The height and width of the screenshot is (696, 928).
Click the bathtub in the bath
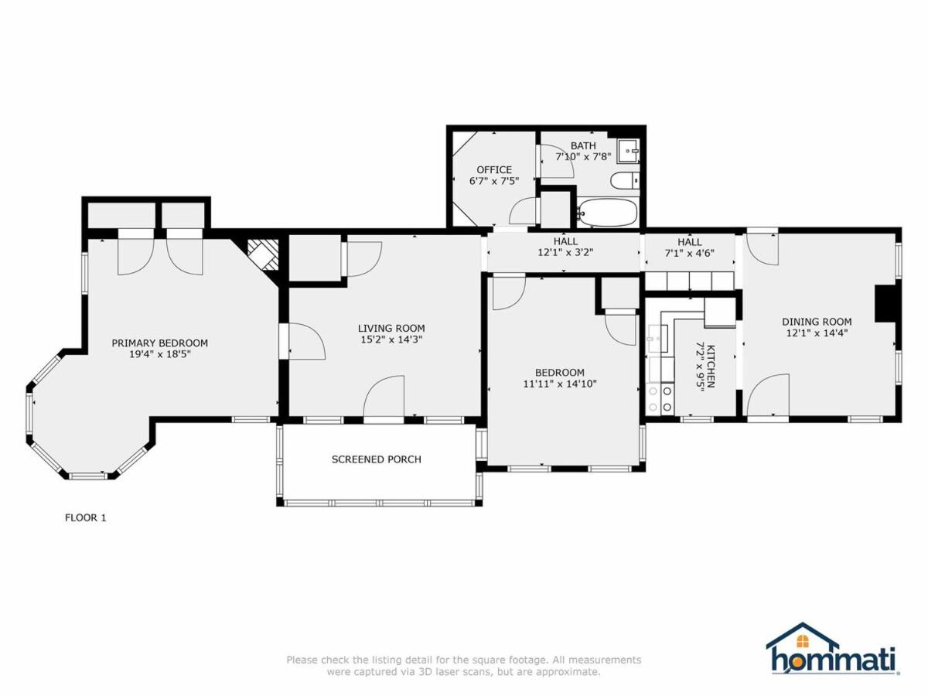[608, 213]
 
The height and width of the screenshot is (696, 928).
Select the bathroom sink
[628, 151]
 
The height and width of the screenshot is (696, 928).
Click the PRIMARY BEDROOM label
[160, 343]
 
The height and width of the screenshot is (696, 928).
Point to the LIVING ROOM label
[391, 329]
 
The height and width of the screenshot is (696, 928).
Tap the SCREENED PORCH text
[377, 459]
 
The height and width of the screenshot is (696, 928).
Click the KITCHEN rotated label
[711, 367]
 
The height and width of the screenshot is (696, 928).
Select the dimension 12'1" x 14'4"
[817, 333]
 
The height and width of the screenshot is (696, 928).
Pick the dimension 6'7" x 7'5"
[494, 181]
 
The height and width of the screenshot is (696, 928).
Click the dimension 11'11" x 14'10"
[560, 384]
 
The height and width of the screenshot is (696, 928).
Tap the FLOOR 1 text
[85, 517]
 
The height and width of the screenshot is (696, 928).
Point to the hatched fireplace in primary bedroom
[263, 255]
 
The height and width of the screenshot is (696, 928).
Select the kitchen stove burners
[660, 398]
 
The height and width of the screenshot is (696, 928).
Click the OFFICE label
[494, 170]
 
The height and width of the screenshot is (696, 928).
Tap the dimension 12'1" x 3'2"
[565, 253]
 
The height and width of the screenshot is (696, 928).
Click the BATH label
[583, 146]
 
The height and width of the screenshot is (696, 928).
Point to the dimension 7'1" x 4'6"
[690, 254]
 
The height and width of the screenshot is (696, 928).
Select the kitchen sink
[658, 339]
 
